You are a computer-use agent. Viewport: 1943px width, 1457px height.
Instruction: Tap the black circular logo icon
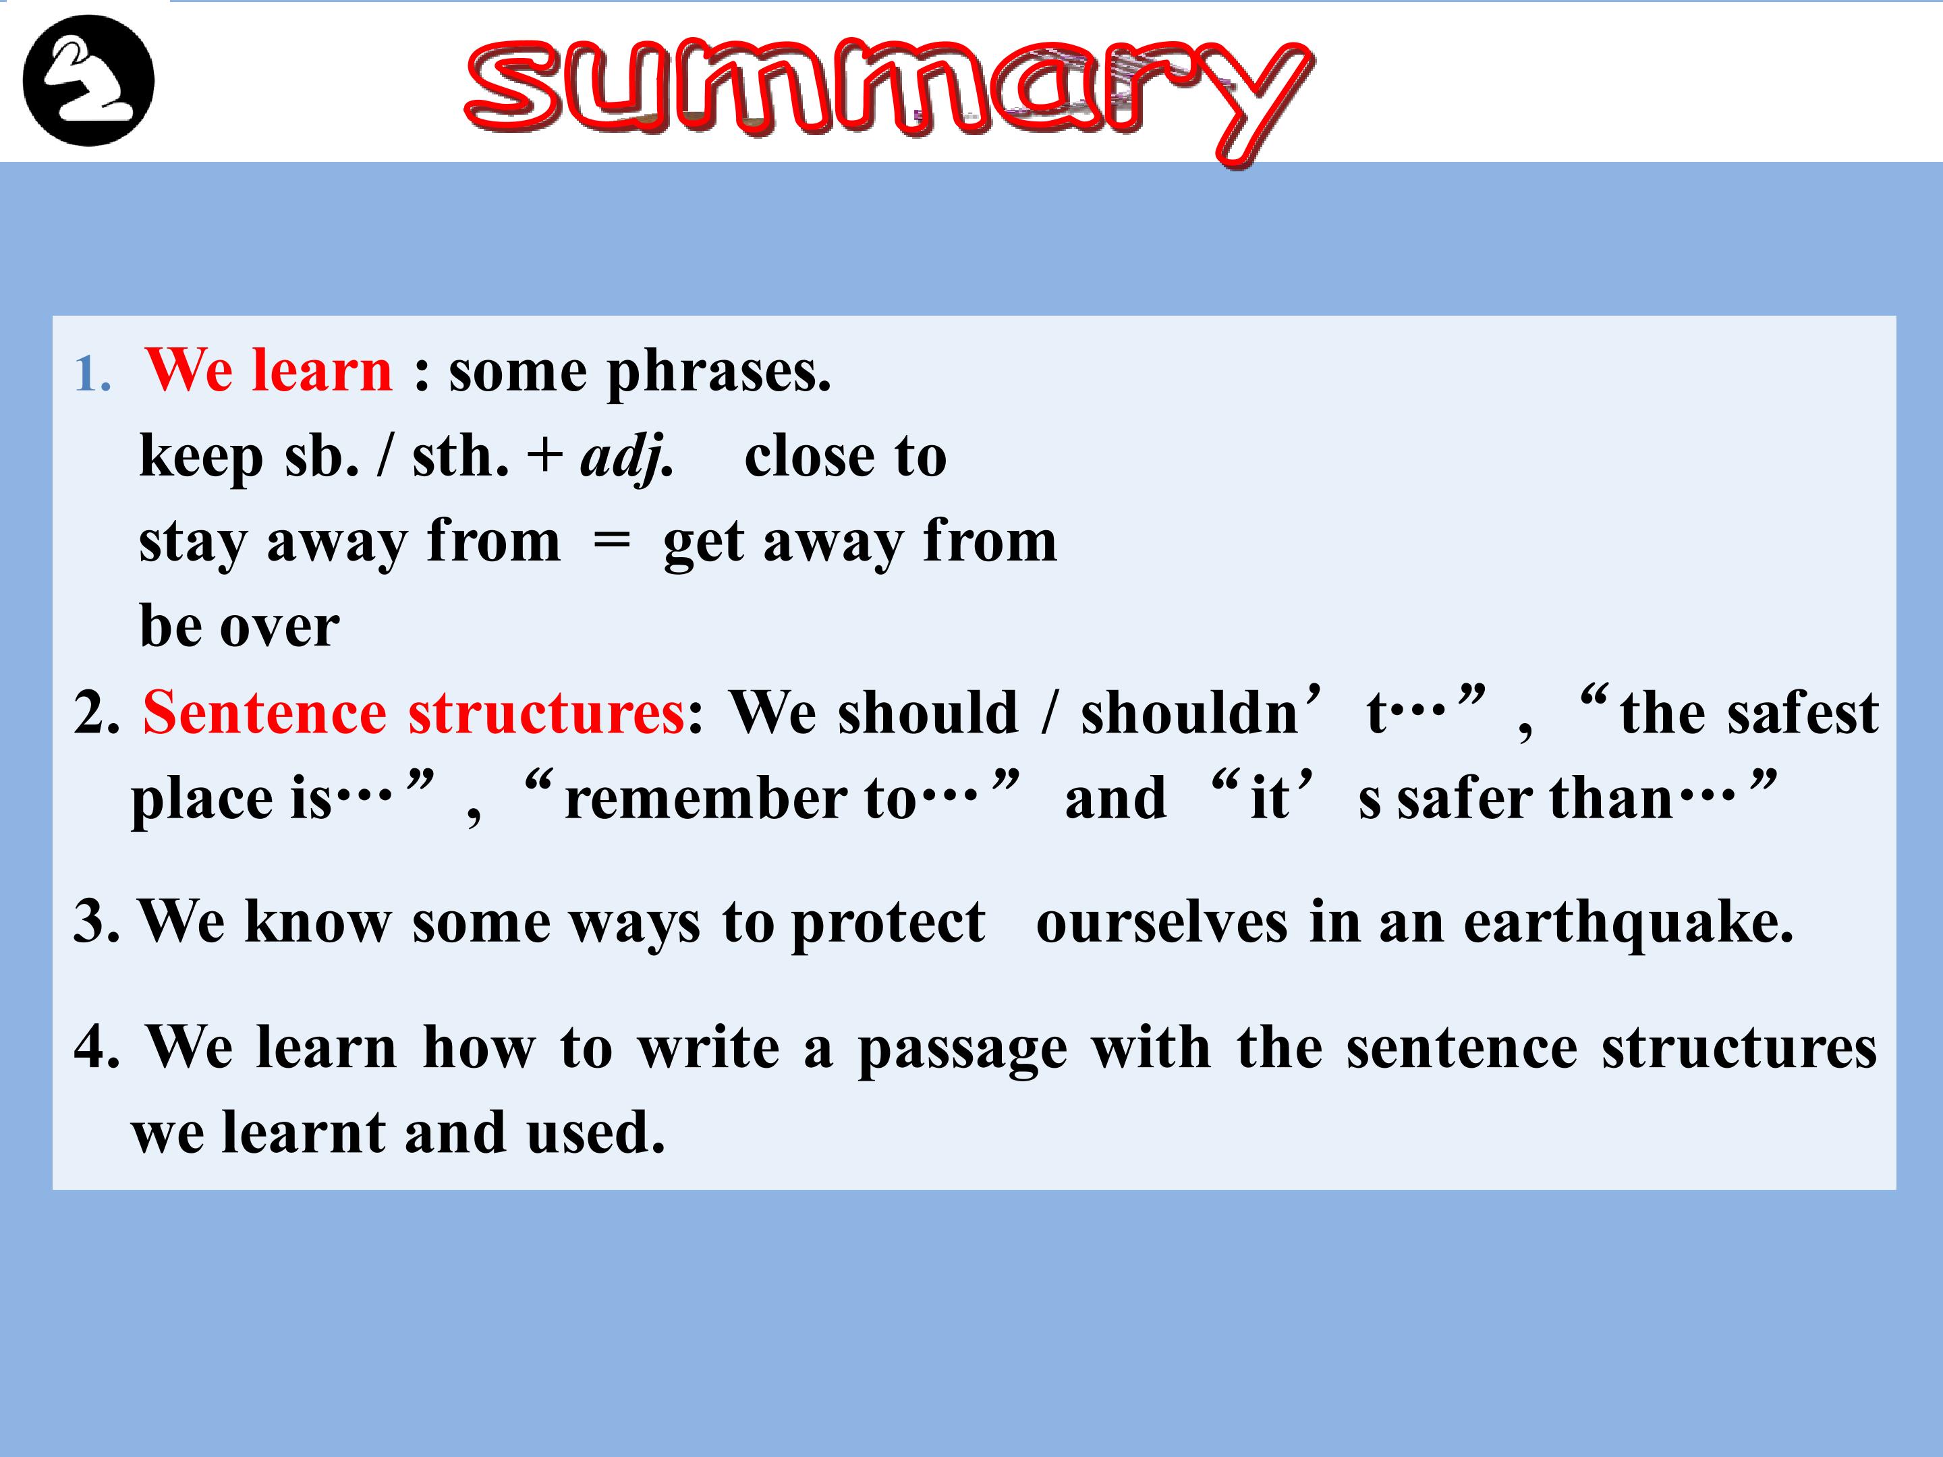[89, 81]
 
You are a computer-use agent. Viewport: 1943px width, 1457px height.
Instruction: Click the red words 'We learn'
[269, 370]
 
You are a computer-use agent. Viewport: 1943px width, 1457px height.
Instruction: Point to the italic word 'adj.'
[627, 457]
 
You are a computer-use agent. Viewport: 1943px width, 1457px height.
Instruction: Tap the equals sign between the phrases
[612, 542]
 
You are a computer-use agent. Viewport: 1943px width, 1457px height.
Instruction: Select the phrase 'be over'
[239, 625]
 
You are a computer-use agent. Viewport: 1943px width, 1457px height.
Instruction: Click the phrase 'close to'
[845, 457]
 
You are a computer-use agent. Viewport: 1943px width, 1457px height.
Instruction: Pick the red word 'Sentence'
[264, 712]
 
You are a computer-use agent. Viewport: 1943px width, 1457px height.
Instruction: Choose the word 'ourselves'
[1161, 922]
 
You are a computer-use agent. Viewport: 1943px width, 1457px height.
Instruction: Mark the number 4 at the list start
[92, 1046]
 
